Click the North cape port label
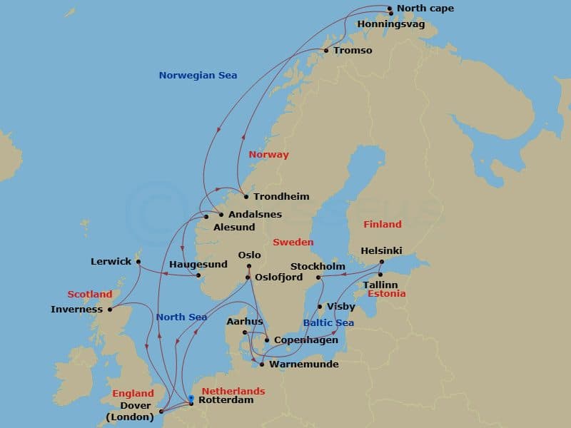[x=425, y=9]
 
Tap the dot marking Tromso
[x=326, y=51]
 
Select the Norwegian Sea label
[x=198, y=75]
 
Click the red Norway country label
[x=268, y=155]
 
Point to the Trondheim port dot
[x=246, y=197]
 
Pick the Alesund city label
[x=234, y=228]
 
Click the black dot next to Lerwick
[x=137, y=262]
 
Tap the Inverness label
[x=77, y=310]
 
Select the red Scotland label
[x=90, y=294]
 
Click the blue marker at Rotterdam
[x=191, y=398]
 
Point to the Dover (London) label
[x=129, y=412]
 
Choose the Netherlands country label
[x=233, y=391]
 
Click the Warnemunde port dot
[x=262, y=365]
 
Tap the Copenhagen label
[x=306, y=340]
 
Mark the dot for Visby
[x=320, y=307]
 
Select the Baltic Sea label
[x=328, y=322]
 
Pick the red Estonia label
[x=386, y=294]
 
